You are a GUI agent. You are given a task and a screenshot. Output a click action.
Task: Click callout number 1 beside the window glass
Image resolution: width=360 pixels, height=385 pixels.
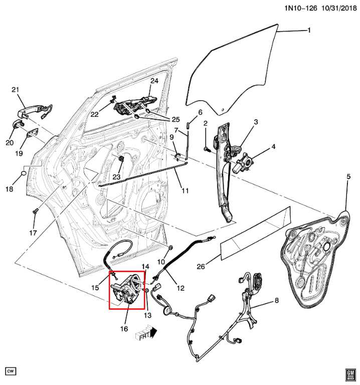309,31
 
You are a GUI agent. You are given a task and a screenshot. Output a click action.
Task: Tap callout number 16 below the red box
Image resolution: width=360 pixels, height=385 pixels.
123,329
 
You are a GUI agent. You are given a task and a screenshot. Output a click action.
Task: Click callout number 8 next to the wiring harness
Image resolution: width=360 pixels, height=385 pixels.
276,301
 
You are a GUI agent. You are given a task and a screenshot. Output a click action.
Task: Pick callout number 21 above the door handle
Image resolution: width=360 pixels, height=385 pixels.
15,90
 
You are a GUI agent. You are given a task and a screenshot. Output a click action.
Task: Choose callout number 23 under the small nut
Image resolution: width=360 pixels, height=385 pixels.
116,176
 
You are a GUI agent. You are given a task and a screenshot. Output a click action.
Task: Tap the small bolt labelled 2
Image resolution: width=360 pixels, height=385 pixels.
206,148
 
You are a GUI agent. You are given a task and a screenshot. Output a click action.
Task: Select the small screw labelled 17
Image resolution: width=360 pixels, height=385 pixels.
35,212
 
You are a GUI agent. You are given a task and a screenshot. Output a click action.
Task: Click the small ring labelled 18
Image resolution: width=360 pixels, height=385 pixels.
23,174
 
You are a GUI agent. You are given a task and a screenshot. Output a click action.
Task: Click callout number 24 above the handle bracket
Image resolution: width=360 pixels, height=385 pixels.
154,81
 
